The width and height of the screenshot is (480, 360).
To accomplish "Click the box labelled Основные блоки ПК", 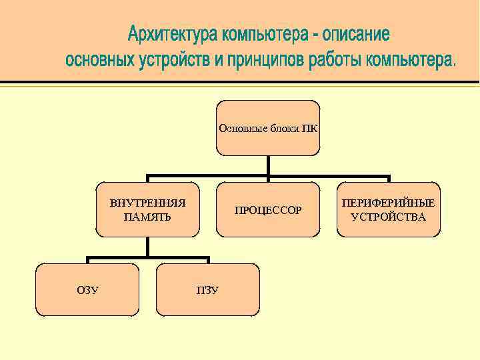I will click(268, 127).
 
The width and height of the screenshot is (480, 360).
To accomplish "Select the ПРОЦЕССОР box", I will click(268, 210).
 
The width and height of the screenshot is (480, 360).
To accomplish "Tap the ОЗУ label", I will click(87, 290).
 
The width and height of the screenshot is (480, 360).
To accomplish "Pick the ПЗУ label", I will click(207, 290).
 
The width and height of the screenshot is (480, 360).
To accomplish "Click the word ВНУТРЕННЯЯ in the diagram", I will click(147, 203).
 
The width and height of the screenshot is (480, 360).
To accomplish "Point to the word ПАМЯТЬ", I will click(147, 217).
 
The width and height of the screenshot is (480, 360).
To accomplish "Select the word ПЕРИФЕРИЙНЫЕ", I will click(389, 203).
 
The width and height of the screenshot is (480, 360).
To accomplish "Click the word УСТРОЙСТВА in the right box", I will click(389, 217).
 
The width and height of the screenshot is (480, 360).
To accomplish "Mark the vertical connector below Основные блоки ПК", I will click(268, 167).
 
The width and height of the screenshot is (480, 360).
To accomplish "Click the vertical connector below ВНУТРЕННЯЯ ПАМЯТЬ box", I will click(147, 247).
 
